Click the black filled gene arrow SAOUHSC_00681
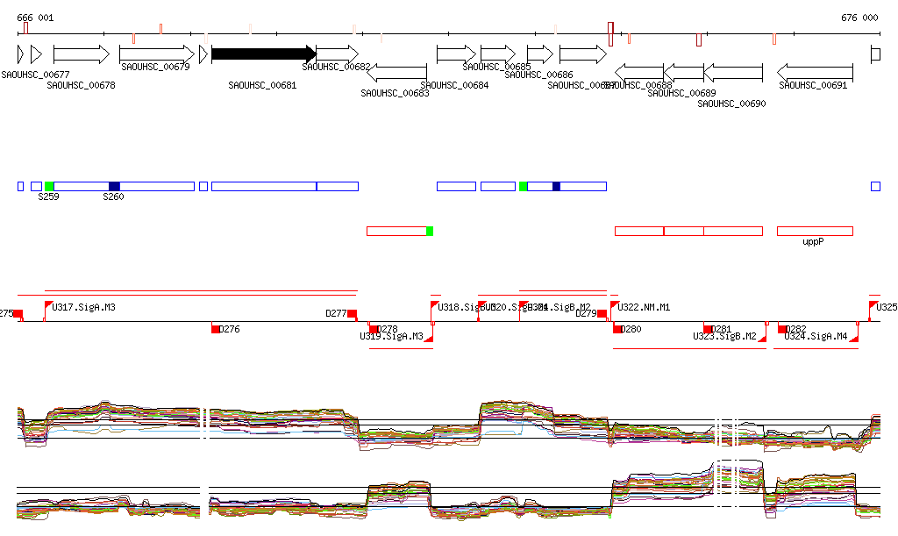(x=263, y=54)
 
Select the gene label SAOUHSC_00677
(x=36, y=75)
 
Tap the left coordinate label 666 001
(x=35, y=18)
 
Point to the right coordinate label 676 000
(x=859, y=18)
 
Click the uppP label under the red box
(x=814, y=241)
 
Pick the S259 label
(x=48, y=197)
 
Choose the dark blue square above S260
(x=114, y=186)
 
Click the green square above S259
(x=49, y=186)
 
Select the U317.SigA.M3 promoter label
(x=84, y=307)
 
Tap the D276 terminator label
(x=229, y=329)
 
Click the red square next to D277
(x=352, y=313)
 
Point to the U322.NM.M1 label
(x=645, y=307)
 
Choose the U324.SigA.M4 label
(x=816, y=336)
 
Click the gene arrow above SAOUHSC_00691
(x=816, y=72)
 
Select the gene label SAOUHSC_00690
(x=731, y=104)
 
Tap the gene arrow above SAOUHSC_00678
(x=81, y=54)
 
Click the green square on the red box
(x=429, y=231)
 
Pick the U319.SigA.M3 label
(x=391, y=336)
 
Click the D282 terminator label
(x=797, y=329)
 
